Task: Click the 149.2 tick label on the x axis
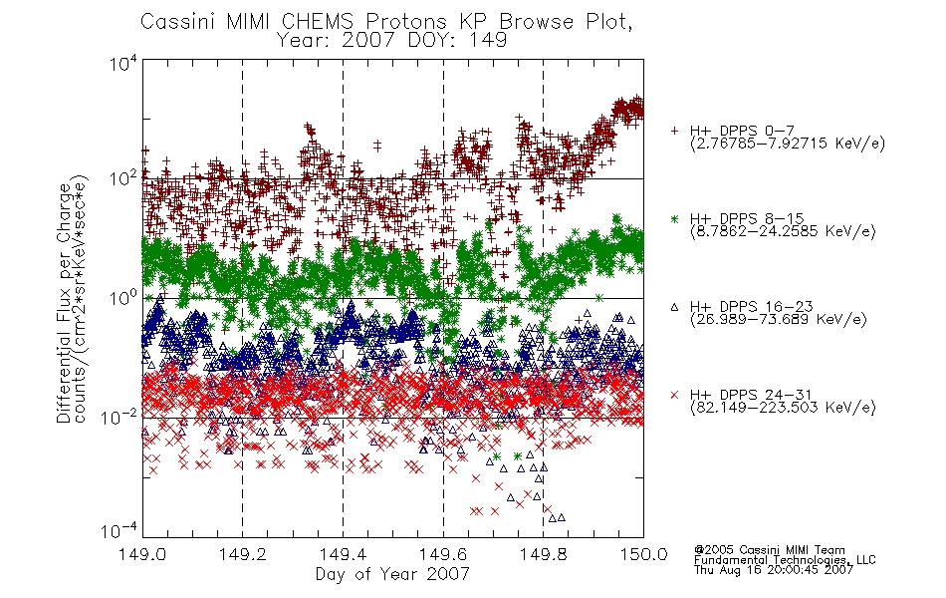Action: [242, 554]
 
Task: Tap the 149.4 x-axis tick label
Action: [343, 554]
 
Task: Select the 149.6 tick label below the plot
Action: [443, 554]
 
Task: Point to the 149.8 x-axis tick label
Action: [543, 554]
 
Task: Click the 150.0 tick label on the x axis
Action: [643, 554]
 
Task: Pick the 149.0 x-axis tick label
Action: [141, 554]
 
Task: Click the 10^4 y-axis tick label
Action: [123, 63]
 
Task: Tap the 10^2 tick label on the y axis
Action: [123, 178]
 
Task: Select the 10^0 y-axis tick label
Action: [123, 298]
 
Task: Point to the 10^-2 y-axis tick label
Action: [120, 417]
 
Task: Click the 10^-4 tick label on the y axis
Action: [120, 530]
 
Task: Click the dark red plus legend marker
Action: [674, 131]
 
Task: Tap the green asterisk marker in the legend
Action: [674, 218]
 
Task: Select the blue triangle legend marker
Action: [674, 307]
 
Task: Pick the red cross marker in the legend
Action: [674, 395]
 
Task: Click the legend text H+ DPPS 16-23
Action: [751, 306]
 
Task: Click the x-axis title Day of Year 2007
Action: [392, 574]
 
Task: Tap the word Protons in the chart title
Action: [406, 21]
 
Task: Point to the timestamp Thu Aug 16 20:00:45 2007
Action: [774, 569]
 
